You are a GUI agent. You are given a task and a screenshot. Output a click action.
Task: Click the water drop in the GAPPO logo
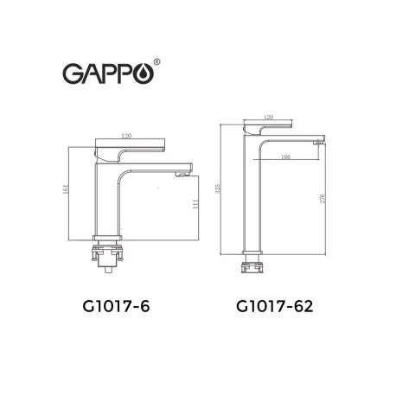click(x=144, y=74)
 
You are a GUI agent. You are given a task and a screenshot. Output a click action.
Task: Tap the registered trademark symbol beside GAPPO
click(x=156, y=61)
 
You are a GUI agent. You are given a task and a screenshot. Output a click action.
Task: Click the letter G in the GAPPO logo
click(x=73, y=73)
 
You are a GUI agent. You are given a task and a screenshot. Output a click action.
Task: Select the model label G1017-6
click(x=116, y=306)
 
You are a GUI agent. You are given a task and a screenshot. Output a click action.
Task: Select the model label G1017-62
click(x=274, y=306)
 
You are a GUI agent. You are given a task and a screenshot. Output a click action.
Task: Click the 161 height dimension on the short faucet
click(x=66, y=189)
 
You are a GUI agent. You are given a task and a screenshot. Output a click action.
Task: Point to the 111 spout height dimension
click(x=196, y=204)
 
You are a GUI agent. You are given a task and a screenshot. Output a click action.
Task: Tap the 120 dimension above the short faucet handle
click(x=126, y=136)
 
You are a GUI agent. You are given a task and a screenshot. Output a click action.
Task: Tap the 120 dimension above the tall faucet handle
click(x=268, y=117)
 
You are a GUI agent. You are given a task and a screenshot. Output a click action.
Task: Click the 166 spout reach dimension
click(x=285, y=156)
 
